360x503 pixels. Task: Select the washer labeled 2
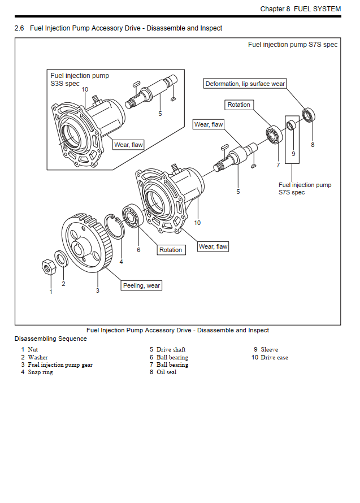click(x=62, y=259)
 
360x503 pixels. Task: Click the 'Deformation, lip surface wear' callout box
click(x=245, y=84)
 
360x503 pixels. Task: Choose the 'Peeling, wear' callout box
click(x=142, y=285)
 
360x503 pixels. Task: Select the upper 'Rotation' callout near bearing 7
click(x=238, y=105)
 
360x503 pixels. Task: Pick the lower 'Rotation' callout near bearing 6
click(x=170, y=250)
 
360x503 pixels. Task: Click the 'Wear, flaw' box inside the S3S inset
click(x=129, y=145)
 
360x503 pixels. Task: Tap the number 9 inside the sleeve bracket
click(x=293, y=153)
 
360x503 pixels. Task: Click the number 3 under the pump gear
click(x=97, y=290)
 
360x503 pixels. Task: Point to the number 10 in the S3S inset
click(x=85, y=89)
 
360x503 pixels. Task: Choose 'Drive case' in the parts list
click(x=274, y=358)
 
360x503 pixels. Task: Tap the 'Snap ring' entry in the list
click(x=40, y=372)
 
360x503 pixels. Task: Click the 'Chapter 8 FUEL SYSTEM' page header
click(x=300, y=8)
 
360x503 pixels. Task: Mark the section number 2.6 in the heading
click(x=19, y=28)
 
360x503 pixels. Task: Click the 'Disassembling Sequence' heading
click(x=51, y=339)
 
